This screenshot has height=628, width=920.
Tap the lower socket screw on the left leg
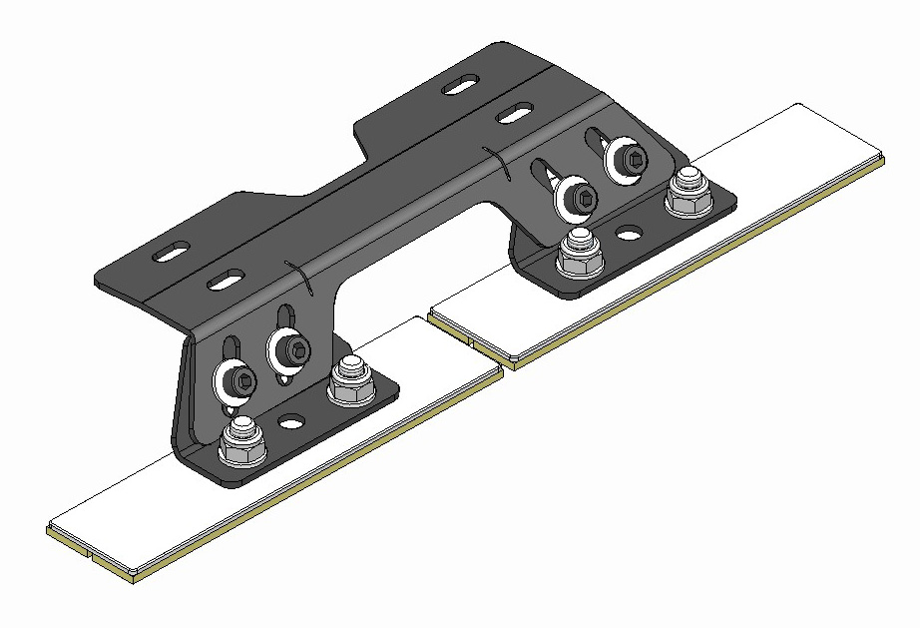(236, 379)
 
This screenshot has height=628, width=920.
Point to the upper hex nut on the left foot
(348, 377)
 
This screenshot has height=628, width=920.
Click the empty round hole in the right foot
(629, 235)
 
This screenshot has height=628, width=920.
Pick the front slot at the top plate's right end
(513, 111)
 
